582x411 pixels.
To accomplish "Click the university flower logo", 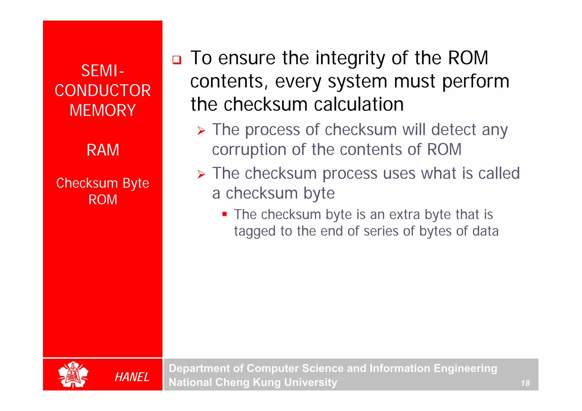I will (73, 375).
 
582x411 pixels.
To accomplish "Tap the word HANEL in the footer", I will (132, 377).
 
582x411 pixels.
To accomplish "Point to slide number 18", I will (525, 383).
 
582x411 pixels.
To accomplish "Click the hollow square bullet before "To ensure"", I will (177, 60).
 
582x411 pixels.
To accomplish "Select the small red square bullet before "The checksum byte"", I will (225, 214).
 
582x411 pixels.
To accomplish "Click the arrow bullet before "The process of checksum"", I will (201, 131).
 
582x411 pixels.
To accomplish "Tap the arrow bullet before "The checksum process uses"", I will (201, 174).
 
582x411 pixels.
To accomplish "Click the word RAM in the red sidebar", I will (103, 150).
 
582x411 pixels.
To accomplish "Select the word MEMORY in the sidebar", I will (103, 110).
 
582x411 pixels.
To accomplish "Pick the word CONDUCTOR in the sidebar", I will (103, 91).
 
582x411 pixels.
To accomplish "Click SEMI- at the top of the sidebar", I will (103, 71).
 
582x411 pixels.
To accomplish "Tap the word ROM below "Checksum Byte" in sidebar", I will (103, 200).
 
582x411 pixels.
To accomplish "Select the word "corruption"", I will (249, 150).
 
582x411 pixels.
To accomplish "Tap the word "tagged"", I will (255, 231).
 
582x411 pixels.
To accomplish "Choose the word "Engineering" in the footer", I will (465, 368).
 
